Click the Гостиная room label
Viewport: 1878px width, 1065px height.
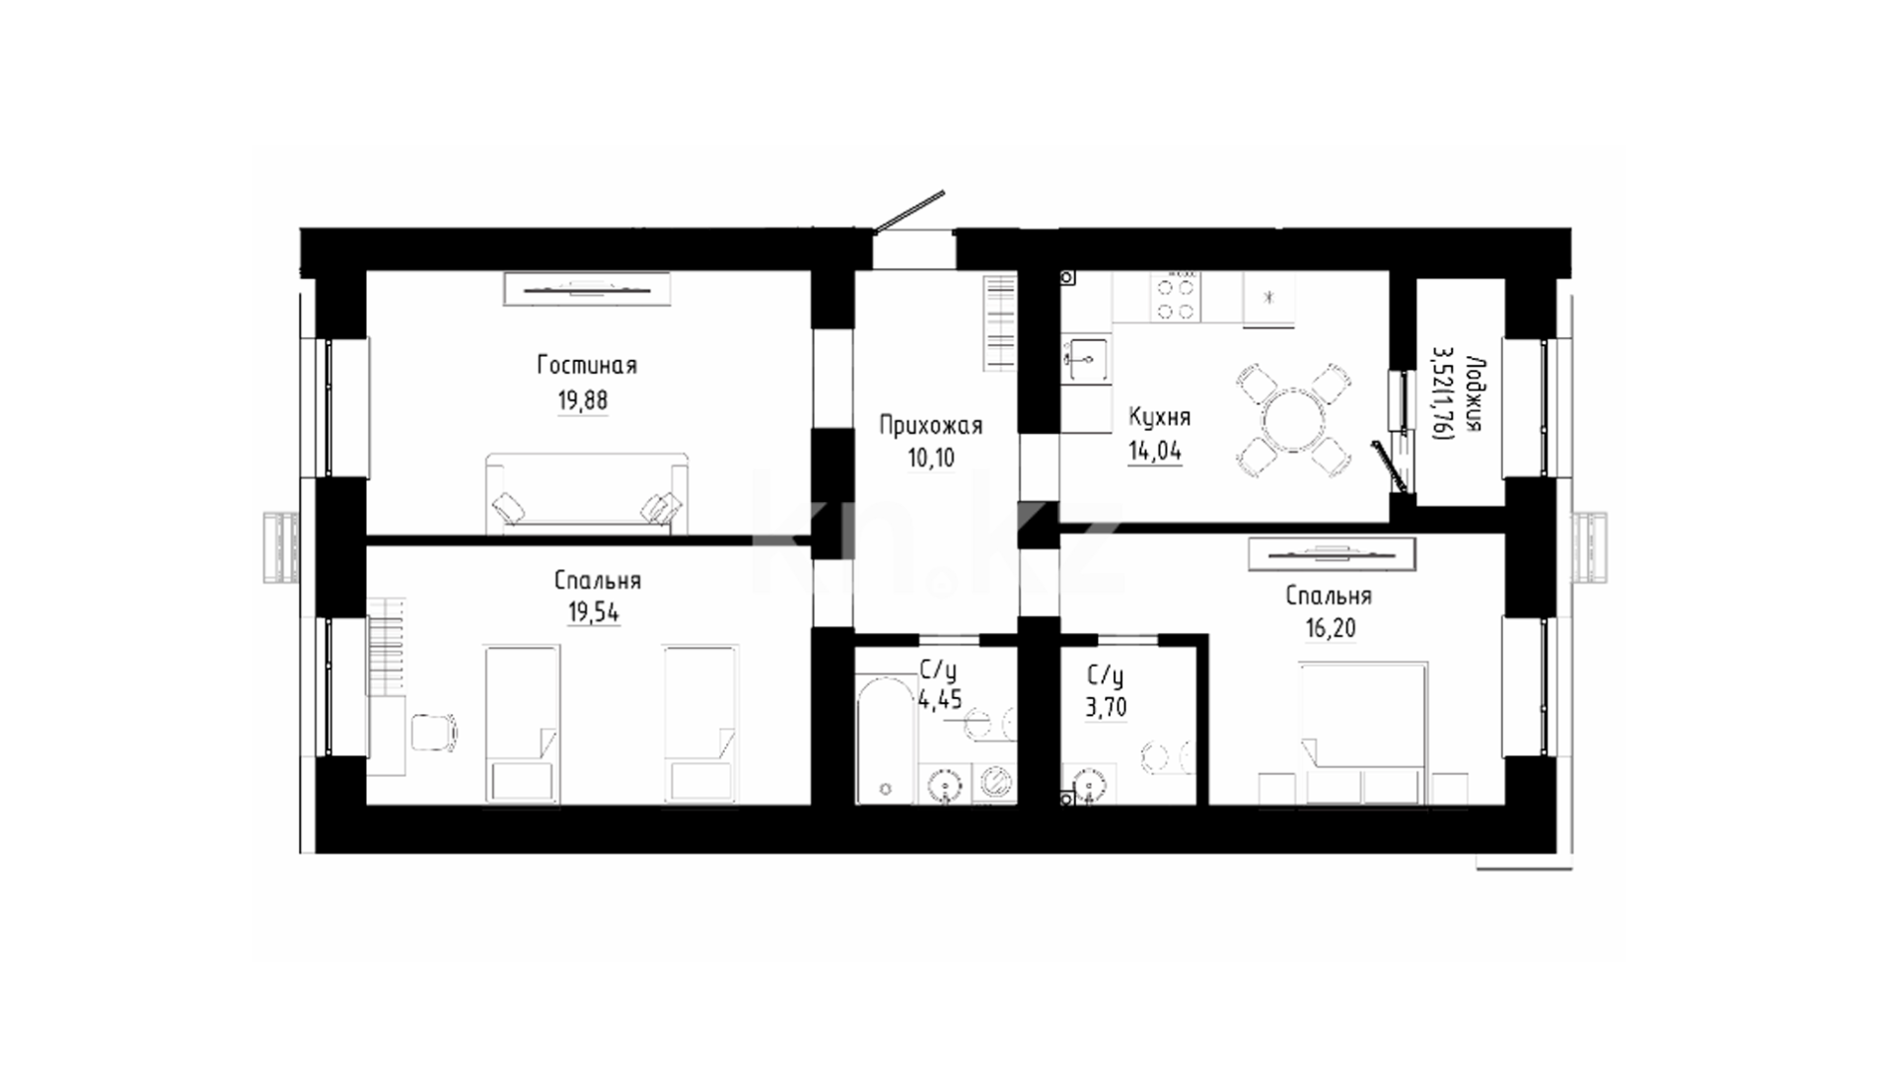tap(587, 366)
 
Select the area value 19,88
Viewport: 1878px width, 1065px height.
tap(582, 400)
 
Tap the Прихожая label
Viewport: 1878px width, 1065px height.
tap(931, 426)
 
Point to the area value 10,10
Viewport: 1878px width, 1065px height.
tap(930, 459)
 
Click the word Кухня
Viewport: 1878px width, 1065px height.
tap(1159, 418)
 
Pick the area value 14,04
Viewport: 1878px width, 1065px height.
tap(1155, 451)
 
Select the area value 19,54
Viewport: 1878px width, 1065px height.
tap(593, 612)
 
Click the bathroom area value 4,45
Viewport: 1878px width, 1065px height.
tap(939, 701)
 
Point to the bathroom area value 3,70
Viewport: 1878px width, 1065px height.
tap(1106, 707)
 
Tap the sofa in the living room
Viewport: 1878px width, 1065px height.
tap(586, 493)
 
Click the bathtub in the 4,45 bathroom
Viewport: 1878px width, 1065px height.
tap(886, 740)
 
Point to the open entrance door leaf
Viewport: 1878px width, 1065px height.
tap(910, 212)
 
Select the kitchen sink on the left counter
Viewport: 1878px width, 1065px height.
tap(1085, 360)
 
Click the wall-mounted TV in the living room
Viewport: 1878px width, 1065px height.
tap(587, 290)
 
